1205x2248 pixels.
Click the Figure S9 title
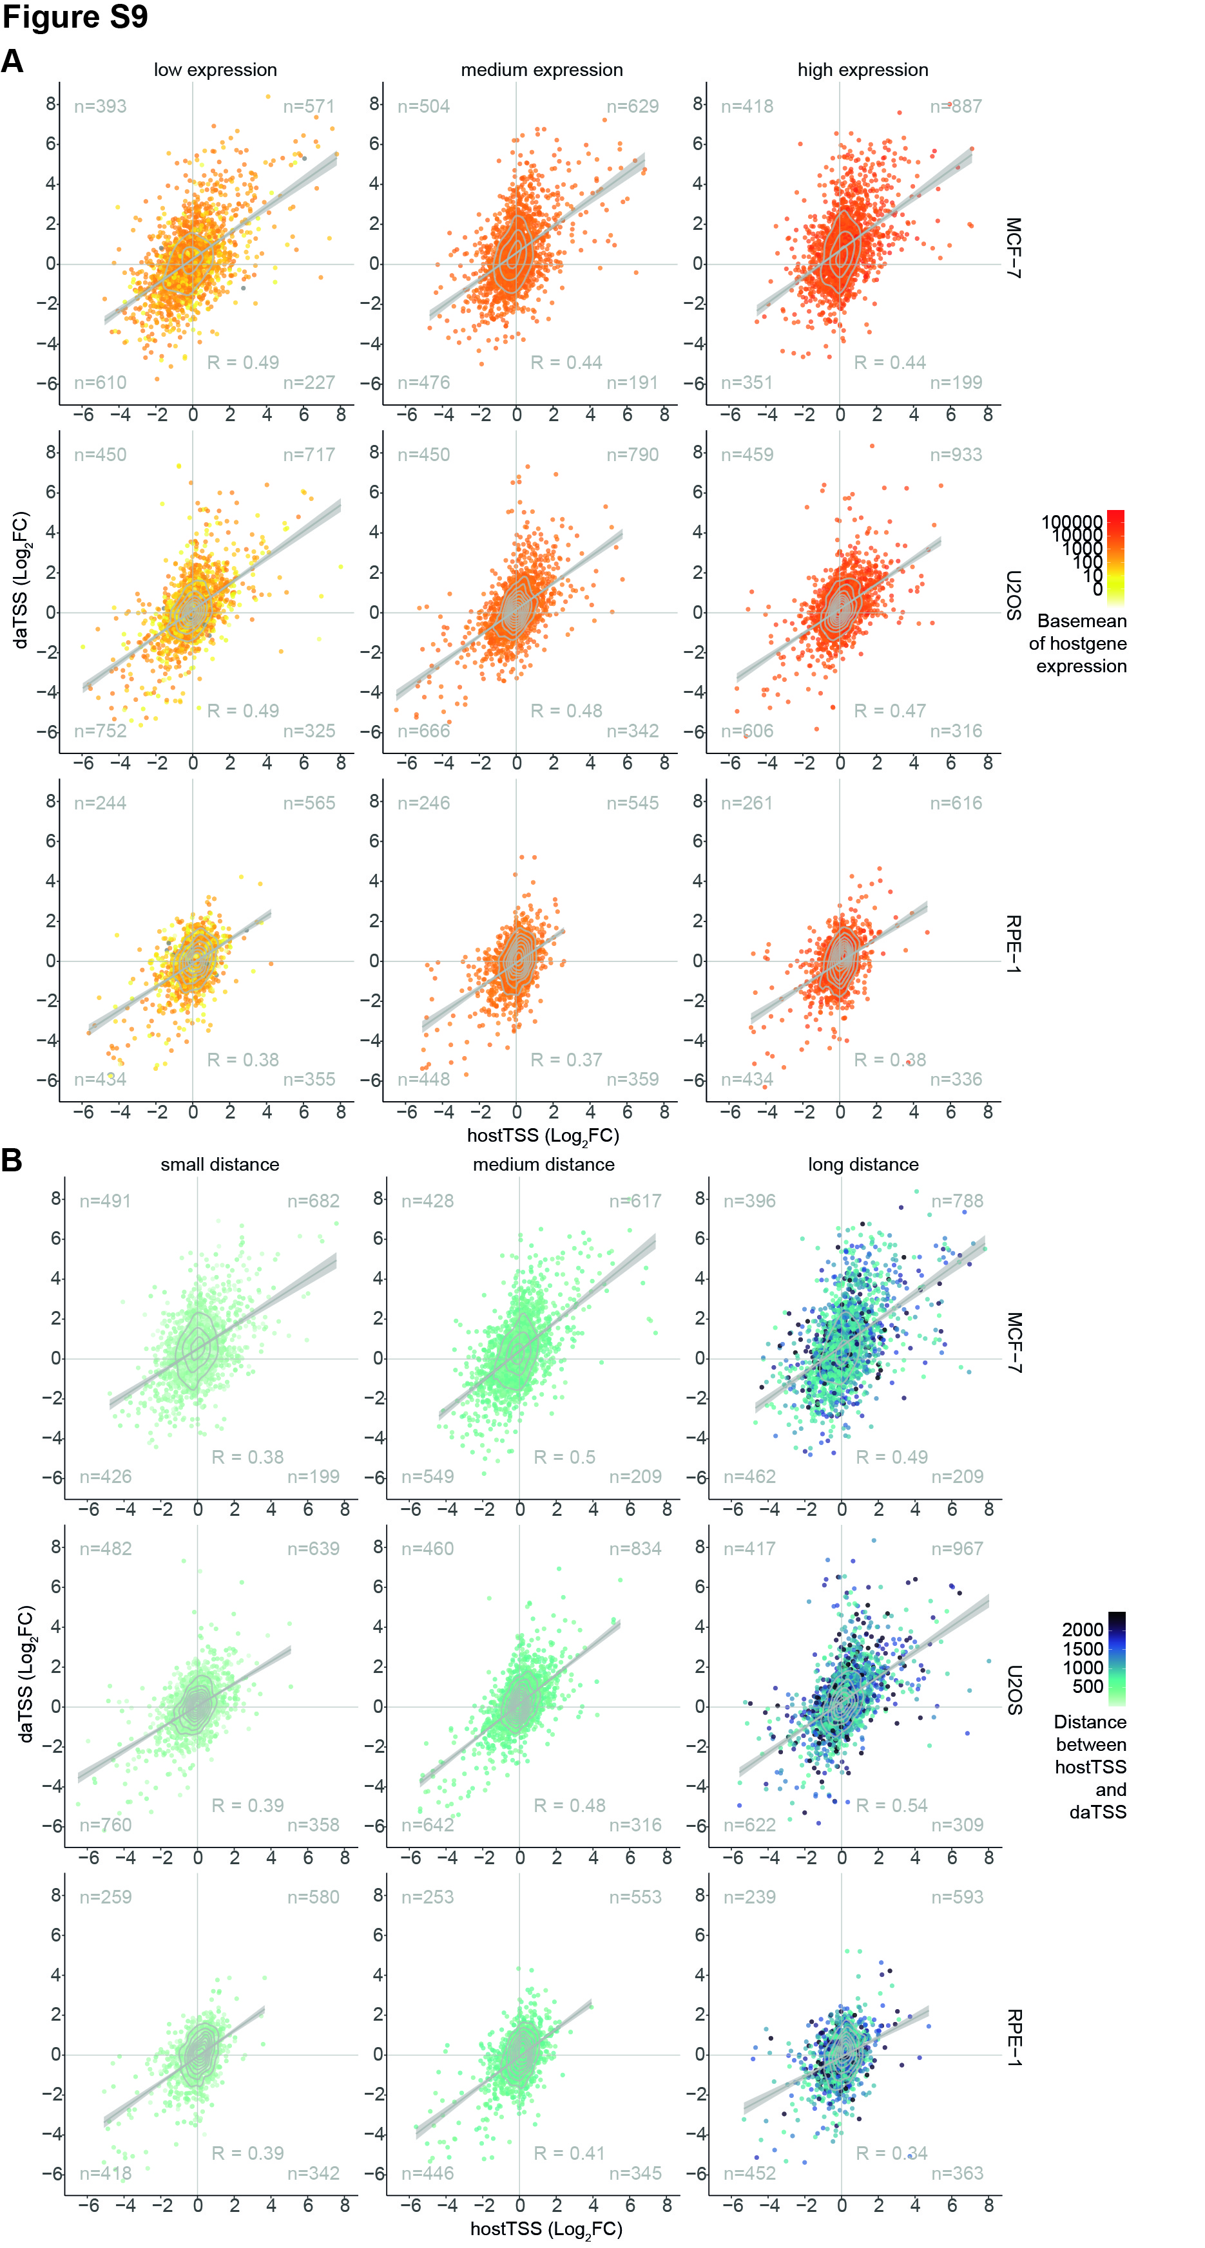[x=75, y=17]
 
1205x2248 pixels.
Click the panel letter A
[x=12, y=61]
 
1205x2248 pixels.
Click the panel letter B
[x=12, y=1160]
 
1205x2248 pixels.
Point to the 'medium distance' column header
[x=543, y=1164]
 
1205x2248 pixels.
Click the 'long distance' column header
[x=863, y=1164]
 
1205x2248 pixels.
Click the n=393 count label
[x=101, y=106]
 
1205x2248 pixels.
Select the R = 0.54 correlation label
[x=892, y=1805]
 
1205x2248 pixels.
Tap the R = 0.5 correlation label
[x=564, y=1457]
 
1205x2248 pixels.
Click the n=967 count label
[x=956, y=1548]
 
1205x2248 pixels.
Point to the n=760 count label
[x=106, y=1825]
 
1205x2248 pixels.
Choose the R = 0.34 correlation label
[x=892, y=2153]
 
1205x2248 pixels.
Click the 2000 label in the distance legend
[x=1083, y=1629]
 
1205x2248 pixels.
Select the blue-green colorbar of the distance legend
[x=1116, y=1658]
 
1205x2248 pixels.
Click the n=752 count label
[x=101, y=730]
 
